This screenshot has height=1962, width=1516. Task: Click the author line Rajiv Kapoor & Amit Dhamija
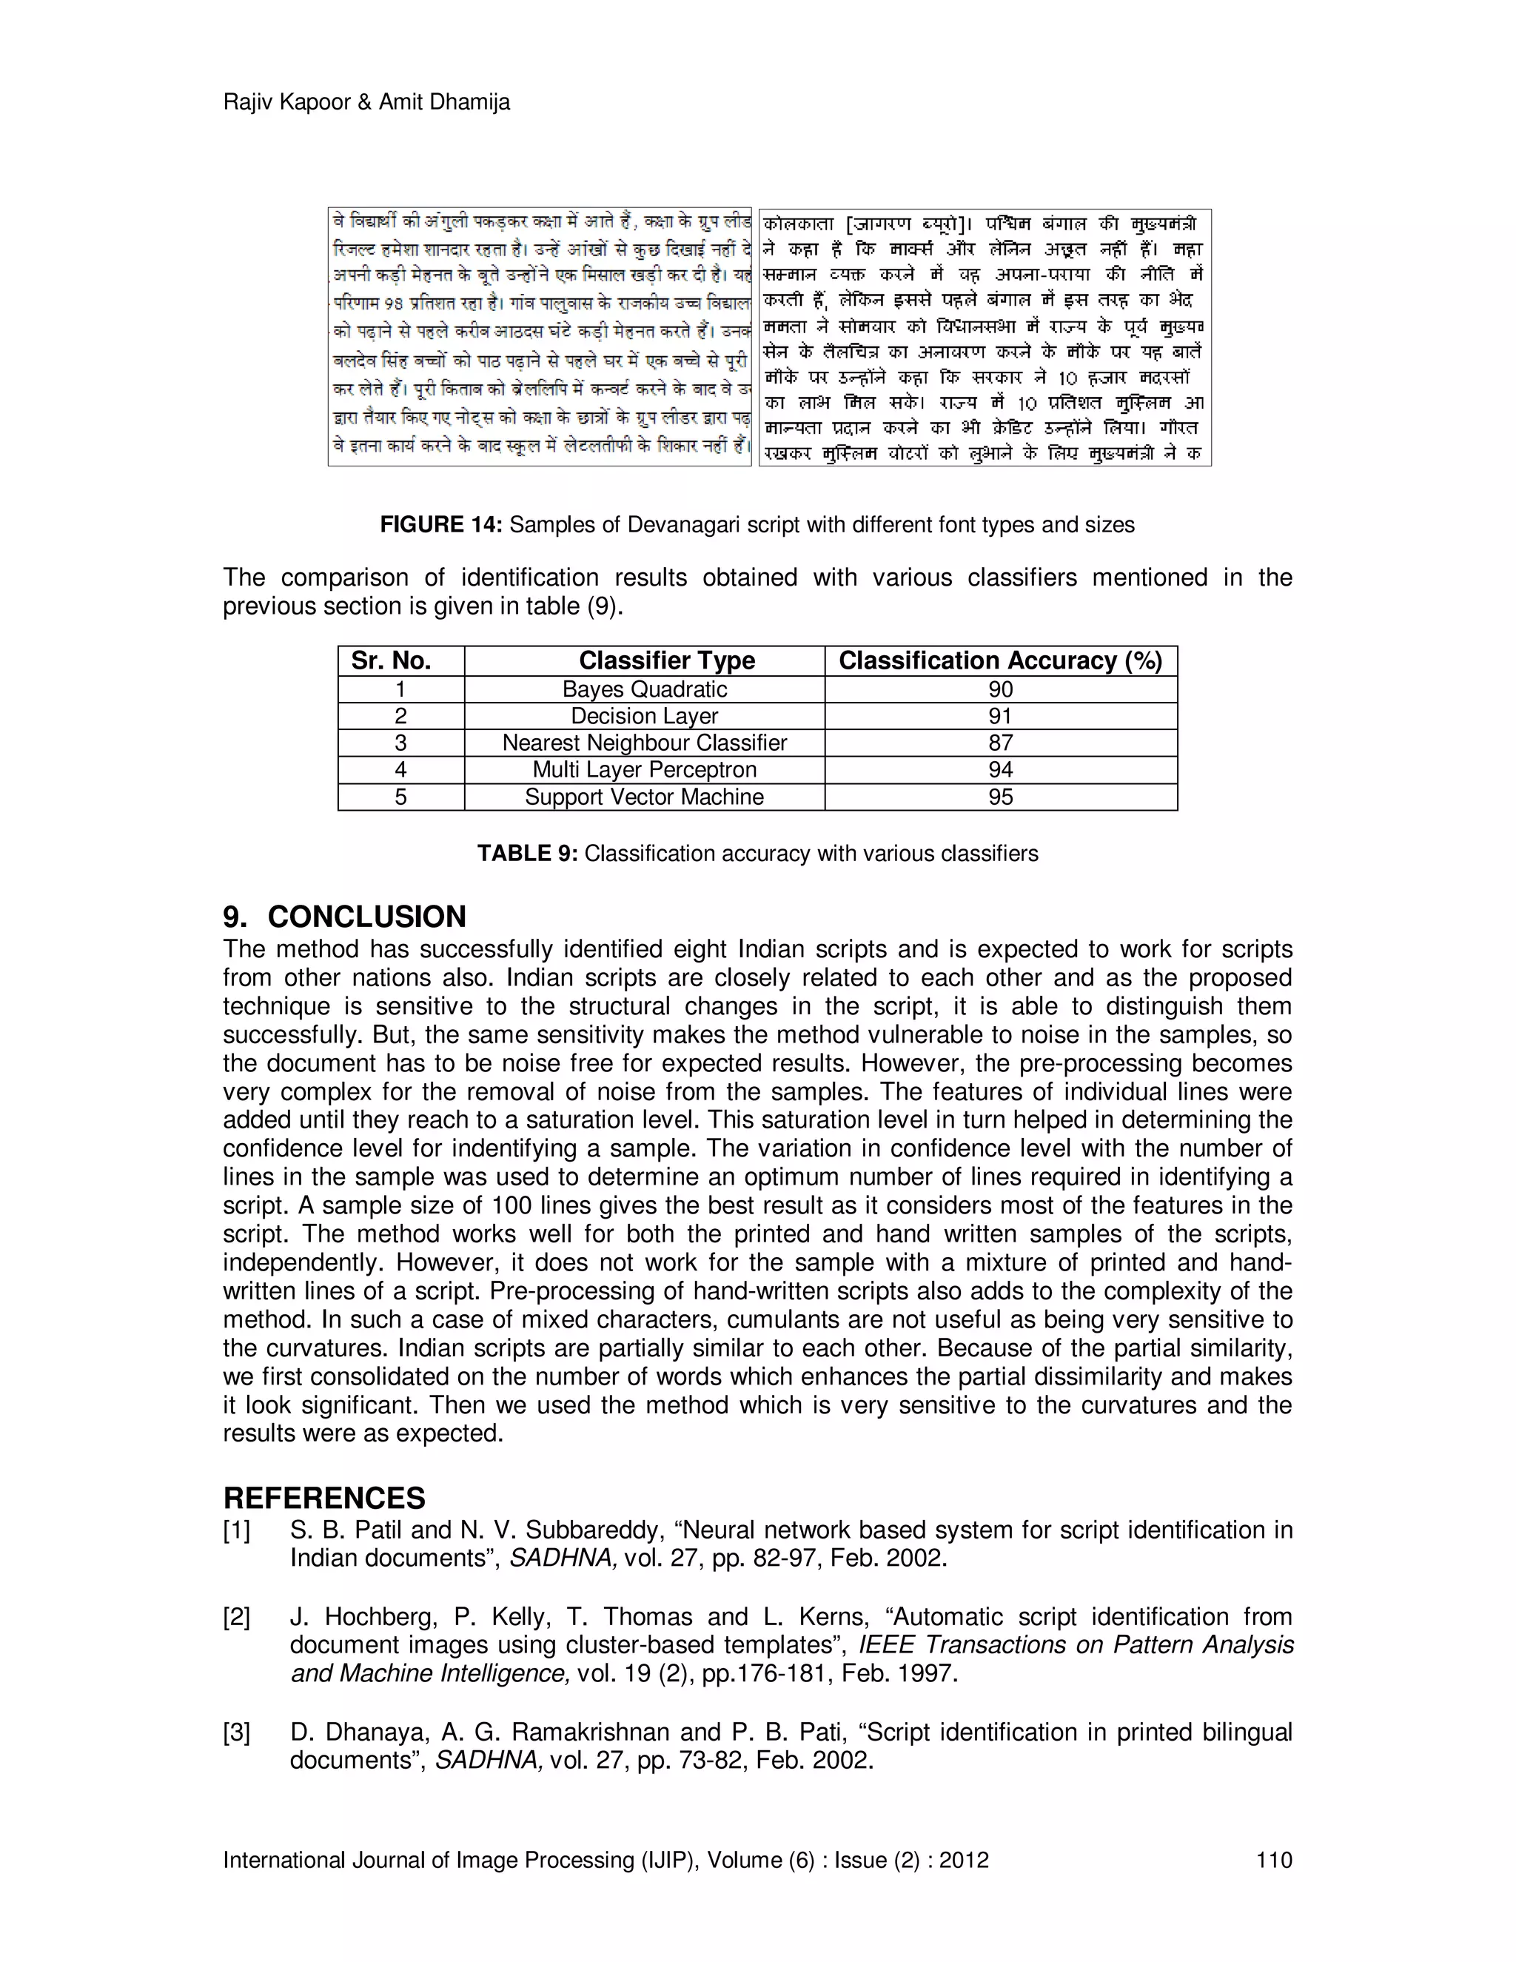(x=366, y=102)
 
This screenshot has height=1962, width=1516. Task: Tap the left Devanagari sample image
(x=539, y=337)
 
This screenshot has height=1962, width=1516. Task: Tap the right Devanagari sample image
(x=985, y=337)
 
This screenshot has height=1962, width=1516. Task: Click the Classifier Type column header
(x=666, y=661)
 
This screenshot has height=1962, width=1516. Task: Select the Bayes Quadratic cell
(x=644, y=690)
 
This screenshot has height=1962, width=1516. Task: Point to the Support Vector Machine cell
(x=644, y=797)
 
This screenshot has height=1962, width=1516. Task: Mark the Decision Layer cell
(x=644, y=716)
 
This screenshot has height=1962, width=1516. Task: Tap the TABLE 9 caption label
(x=527, y=854)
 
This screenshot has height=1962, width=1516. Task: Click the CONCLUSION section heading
(x=366, y=917)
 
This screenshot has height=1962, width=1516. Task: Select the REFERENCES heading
(x=324, y=1499)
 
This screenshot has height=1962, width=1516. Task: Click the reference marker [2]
(x=236, y=1617)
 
